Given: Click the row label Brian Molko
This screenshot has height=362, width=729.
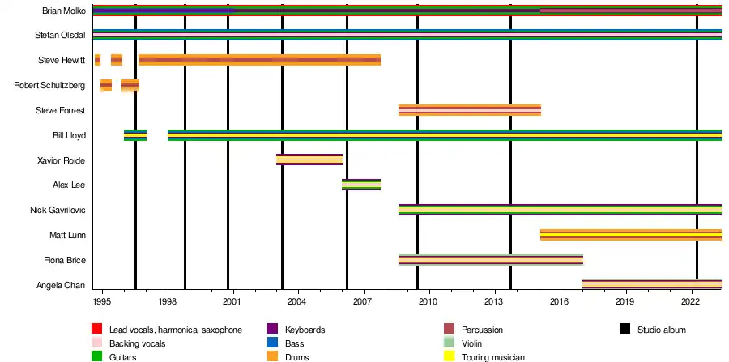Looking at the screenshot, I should coord(63,11).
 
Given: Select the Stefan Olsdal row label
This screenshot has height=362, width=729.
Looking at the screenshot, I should coord(61,36).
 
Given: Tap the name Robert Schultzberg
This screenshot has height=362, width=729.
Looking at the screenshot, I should coord(50,85).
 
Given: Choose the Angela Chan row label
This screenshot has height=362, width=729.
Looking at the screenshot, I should coord(62,285).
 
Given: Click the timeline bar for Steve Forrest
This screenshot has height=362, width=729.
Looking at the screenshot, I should coord(469,110).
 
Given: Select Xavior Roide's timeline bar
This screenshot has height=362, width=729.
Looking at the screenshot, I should coord(309,160).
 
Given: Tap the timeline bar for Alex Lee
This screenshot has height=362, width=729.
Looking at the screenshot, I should coord(360,185).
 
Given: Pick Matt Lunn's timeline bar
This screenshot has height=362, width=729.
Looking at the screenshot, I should coord(630,235).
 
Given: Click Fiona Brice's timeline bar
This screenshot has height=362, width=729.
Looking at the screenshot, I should coord(490,260).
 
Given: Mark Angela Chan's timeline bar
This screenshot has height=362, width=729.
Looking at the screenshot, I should coord(651,284).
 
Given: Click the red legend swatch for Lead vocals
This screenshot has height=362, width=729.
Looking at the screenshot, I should coord(96,330).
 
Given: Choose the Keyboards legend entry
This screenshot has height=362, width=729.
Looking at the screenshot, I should coord(305,330).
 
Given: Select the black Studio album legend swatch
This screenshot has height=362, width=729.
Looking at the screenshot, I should coord(625,330).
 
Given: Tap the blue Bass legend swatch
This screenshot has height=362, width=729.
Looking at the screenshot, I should coord(272,343).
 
